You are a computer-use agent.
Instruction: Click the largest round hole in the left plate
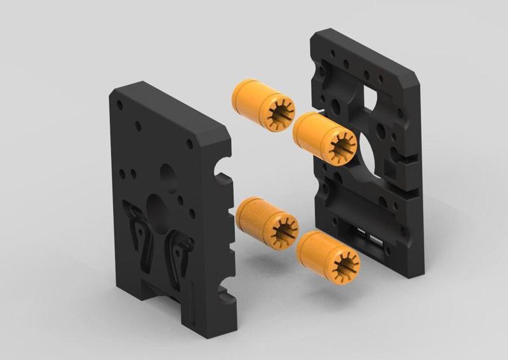[156, 207]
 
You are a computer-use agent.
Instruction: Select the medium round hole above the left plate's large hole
[168, 173]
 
